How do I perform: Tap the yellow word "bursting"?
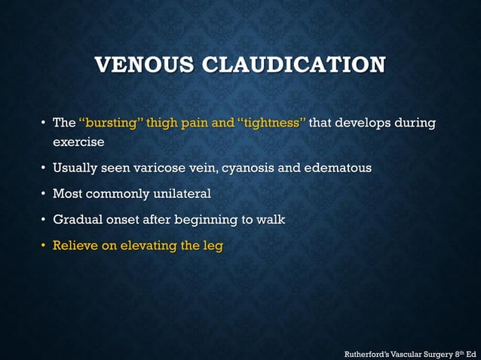coord(110,123)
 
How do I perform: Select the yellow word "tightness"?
coord(272,123)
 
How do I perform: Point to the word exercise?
coord(78,142)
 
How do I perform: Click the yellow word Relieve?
coord(75,246)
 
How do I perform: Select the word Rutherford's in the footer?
coord(368,352)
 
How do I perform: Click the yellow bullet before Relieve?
coord(44,246)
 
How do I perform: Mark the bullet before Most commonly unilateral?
coord(44,194)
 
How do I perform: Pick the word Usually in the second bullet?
coord(75,168)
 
